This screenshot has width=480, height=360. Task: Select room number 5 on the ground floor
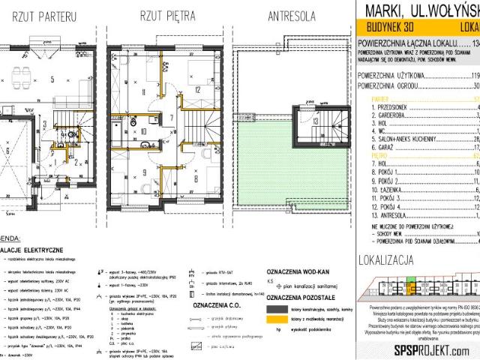pos(51,78)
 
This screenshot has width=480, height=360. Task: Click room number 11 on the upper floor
pos(122,92)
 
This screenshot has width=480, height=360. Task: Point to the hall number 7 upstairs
pos(170,118)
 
